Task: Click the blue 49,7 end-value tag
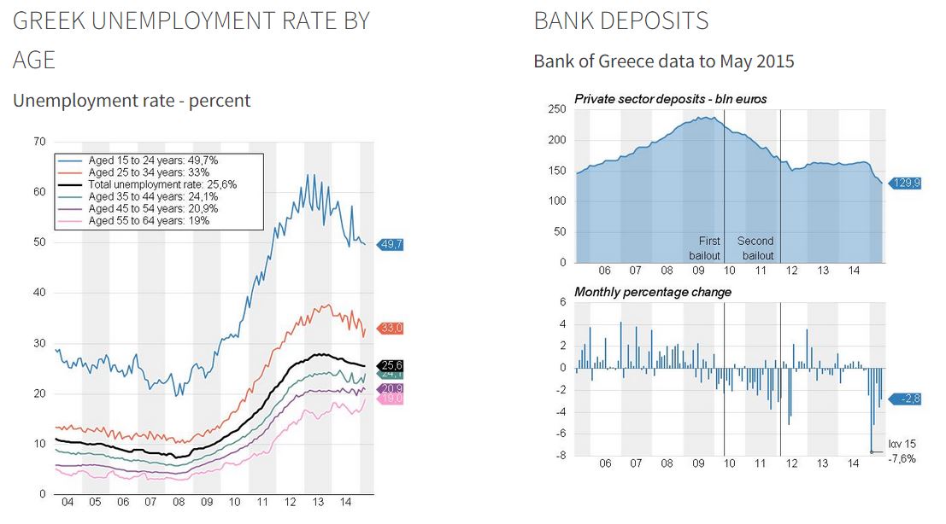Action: (392, 244)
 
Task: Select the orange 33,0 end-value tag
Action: (392, 328)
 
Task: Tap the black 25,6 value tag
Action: (392, 364)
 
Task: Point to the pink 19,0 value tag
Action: (392, 399)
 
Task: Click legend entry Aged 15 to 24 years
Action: (153, 160)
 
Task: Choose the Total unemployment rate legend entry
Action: (162, 184)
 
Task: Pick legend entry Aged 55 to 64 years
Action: (150, 220)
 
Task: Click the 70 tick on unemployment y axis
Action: (38, 141)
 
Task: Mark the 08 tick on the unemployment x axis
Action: (178, 504)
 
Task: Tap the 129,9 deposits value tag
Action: (907, 183)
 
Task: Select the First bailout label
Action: (708, 248)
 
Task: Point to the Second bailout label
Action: (755, 248)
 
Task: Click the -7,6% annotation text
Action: (902, 458)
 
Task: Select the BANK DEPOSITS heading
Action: (621, 20)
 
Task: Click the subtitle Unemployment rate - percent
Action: (132, 101)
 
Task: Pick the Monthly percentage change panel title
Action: (653, 292)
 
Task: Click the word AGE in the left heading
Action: (34, 59)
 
